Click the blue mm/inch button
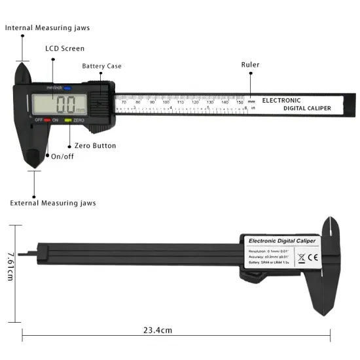tap(66, 88)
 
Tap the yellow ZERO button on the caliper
tap(67, 120)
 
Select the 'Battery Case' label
tap(101, 66)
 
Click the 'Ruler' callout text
tap(250, 65)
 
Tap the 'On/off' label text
tap(63, 156)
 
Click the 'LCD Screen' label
tap(64, 48)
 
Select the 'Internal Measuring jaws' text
tap(48, 28)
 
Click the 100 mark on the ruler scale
tap(166, 102)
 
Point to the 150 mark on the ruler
tap(240, 102)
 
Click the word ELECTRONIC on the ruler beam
tap(281, 101)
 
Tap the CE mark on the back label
tap(311, 257)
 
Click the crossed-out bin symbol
tap(300, 257)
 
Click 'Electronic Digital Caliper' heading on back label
tap(283, 242)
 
